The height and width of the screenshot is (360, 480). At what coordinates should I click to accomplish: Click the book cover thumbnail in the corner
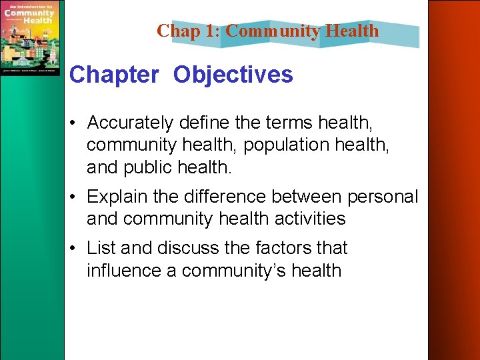click(30, 38)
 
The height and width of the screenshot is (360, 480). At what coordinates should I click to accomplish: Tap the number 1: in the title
click(211, 31)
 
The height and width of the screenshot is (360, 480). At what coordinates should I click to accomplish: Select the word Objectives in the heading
click(233, 75)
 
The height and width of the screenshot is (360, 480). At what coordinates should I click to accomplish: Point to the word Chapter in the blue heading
click(114, 75)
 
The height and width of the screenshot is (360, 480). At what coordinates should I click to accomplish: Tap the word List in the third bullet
click(101, 248)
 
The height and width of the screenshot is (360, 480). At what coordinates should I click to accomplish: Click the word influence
click(131, 271)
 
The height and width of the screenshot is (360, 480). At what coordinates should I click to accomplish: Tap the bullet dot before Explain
click(76, 198)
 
